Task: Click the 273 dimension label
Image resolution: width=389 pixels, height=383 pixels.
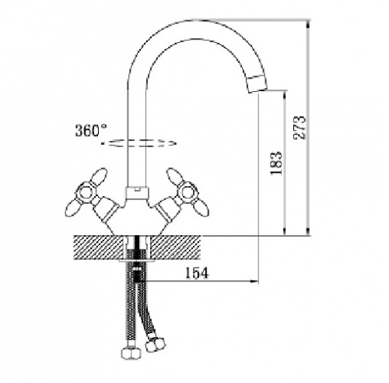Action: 300,128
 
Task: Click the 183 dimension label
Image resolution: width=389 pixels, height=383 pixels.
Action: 276,163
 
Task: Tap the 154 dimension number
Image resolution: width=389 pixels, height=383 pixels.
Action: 197,273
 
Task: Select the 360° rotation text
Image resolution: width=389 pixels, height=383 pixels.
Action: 91,130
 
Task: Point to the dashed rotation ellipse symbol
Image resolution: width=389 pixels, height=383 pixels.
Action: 138,142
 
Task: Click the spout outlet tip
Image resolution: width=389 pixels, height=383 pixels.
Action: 257,84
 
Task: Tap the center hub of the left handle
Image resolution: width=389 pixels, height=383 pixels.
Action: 85,192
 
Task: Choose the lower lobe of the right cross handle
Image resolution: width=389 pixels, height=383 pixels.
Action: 201,209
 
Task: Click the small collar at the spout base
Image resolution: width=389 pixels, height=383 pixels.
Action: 138,192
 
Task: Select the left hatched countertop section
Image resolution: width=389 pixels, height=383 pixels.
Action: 99,247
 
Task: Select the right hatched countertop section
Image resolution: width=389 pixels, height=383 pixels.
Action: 176,247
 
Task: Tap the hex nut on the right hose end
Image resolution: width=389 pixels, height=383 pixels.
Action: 156,344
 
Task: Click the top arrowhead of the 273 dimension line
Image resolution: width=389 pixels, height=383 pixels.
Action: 308,25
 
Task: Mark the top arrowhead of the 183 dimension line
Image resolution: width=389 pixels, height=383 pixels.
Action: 285,95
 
